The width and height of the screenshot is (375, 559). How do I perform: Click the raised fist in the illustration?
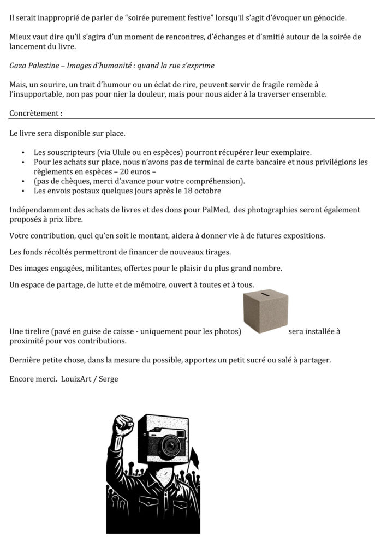click(x=123, y=426)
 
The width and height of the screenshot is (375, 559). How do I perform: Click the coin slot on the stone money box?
click(x=265, y=295)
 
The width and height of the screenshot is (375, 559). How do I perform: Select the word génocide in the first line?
click(x=326, y=18)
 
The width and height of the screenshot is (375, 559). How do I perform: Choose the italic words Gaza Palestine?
click(x=33, y=66)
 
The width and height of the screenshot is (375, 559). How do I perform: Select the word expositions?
click(x=302, y=235)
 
